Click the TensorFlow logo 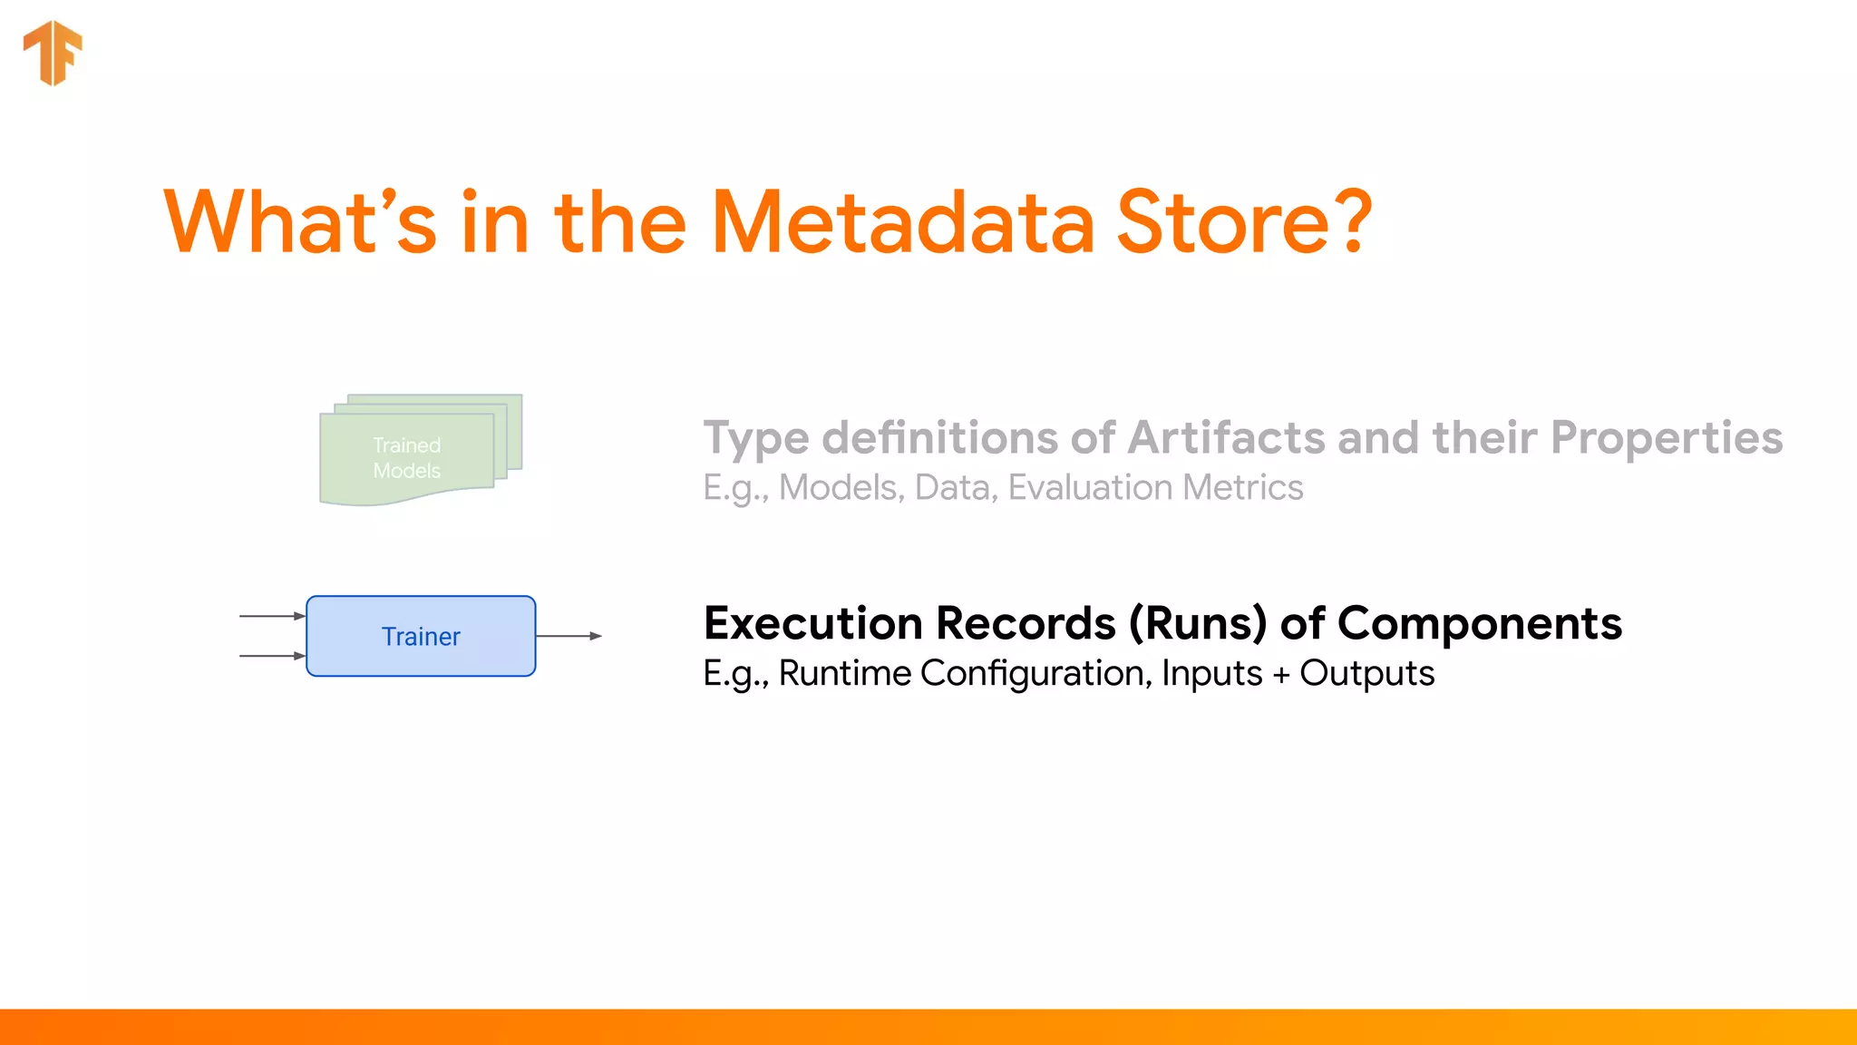[x=53, y=53]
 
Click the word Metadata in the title [x=903, y=222]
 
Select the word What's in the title [x=299, y=222]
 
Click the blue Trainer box [x=421, y=636]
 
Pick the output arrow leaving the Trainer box [x=569, y=636]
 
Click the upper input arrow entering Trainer [x=272, y=616]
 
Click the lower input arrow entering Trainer [x=272, y=655]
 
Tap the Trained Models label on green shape [x=407, y=457]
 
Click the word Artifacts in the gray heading [x=1228, y=438]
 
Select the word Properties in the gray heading [x=1666, y=438]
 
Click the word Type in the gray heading [x=755, y=439]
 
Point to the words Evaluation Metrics [x=1155, y=488]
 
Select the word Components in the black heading [x=1480, y=624]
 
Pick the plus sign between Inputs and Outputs [x=1280, y=676]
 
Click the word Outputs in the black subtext [x=1366, y=674]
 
